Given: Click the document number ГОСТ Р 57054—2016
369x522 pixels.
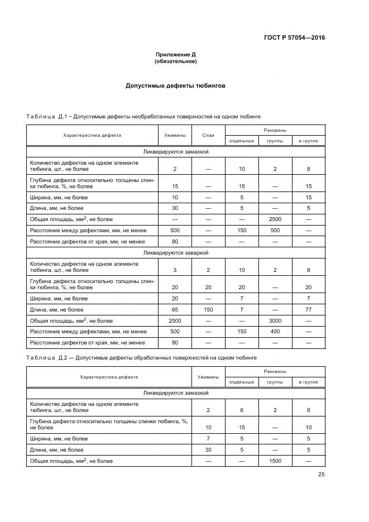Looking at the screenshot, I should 294,38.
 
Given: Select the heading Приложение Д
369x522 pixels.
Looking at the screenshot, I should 175,55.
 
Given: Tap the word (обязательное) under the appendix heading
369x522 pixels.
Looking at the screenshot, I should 175,61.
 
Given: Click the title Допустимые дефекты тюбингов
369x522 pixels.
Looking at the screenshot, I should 175,87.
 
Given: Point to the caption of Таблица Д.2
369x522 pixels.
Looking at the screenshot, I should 141,357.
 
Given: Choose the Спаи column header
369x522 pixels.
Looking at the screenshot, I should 208,135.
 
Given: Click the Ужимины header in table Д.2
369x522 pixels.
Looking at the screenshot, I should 208,377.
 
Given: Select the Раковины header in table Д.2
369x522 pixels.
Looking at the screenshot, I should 275,371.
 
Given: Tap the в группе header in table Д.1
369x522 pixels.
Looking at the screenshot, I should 308,141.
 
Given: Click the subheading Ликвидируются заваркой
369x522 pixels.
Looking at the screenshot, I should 175,252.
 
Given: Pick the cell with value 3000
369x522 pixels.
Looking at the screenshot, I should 275,320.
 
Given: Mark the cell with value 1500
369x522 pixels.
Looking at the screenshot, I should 275,461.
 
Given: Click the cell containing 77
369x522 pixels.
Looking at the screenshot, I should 308,309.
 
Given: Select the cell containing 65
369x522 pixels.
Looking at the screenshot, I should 175,309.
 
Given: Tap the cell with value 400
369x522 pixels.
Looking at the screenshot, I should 275,332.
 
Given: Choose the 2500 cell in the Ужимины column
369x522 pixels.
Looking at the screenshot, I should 175,320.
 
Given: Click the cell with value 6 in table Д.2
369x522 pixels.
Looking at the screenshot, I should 241,410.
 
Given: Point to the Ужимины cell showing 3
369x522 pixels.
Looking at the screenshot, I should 175,270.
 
